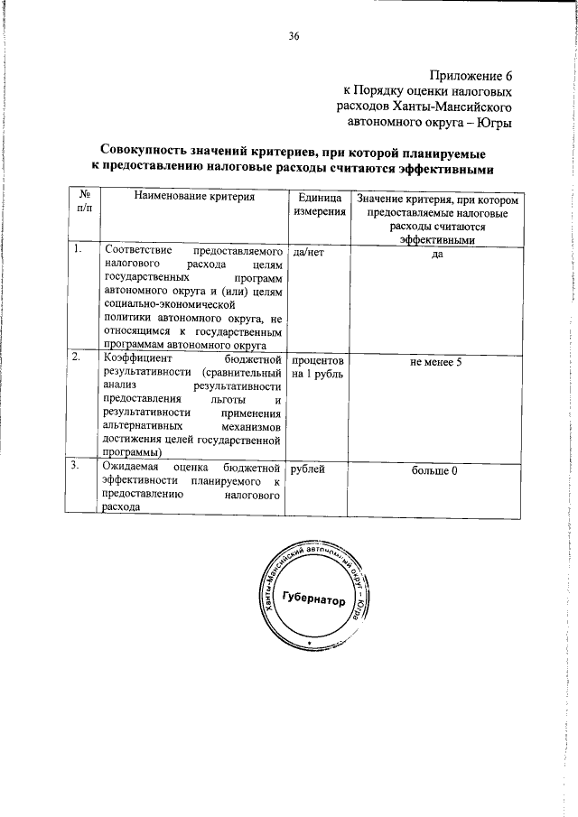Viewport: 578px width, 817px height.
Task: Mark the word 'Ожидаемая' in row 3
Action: pyautogui.click(x=133, y=467)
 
